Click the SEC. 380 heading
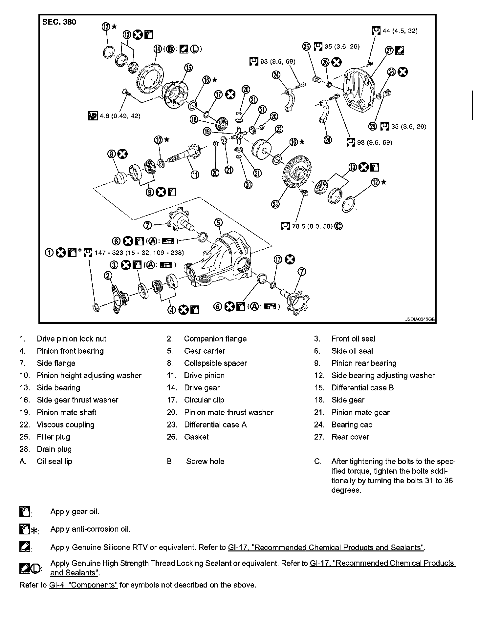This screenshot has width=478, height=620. pos(59,22)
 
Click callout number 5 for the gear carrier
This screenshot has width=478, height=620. pos(219,223)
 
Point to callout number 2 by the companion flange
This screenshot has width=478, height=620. pos(108,276)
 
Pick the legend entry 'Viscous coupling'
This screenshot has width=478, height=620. pos(65,424)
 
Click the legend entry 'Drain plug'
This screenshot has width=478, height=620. pos(54,449)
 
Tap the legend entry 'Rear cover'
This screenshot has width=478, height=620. pos(350,437)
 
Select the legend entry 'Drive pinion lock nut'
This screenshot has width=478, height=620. pos(72,339)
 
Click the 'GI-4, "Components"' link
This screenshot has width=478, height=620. pos(83,585)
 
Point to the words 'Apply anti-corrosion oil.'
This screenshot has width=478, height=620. pos(90,529)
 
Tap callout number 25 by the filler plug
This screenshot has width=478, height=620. pos(306,47)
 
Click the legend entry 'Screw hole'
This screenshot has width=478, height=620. pos(205,461)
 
